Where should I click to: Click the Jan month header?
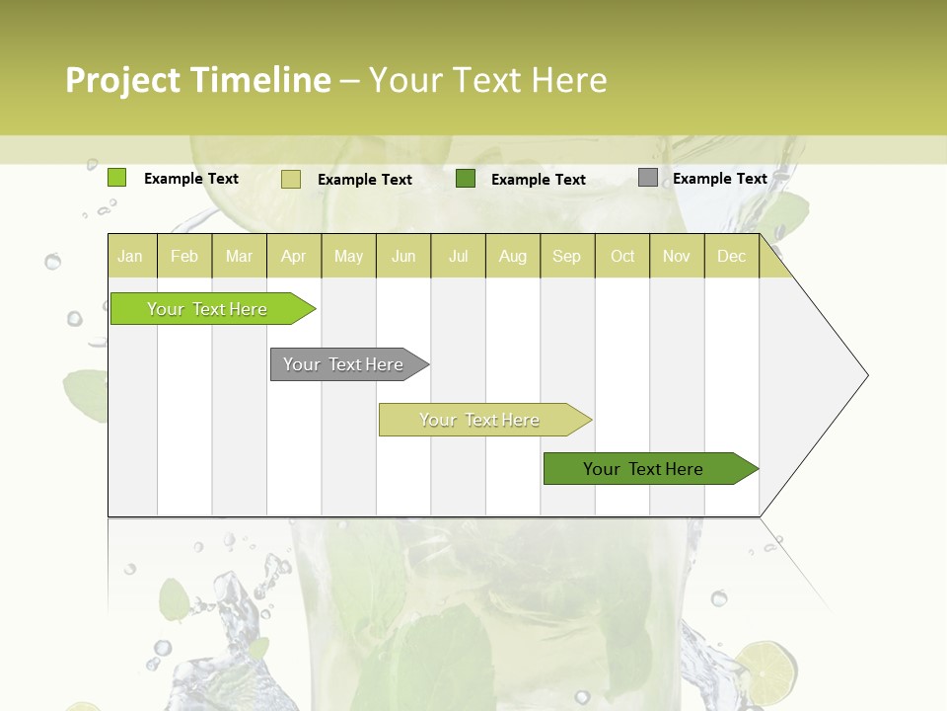[131, 256]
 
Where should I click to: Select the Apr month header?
[294, 256]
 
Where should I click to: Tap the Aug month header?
[513, 256]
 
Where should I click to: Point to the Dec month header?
[731, 256]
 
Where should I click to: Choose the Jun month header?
[403, 256]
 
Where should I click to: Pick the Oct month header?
[622, 256]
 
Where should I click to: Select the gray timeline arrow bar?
[345, 364]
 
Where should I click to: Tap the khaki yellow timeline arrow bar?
[481, 420]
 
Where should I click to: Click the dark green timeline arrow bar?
[646, 469]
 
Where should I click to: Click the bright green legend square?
[117, 178]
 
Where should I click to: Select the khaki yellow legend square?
[291, 179]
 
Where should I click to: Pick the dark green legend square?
[466, 179]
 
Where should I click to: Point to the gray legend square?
[648, 178]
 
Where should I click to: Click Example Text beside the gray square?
[719, 179]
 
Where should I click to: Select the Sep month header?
[566, 256]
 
